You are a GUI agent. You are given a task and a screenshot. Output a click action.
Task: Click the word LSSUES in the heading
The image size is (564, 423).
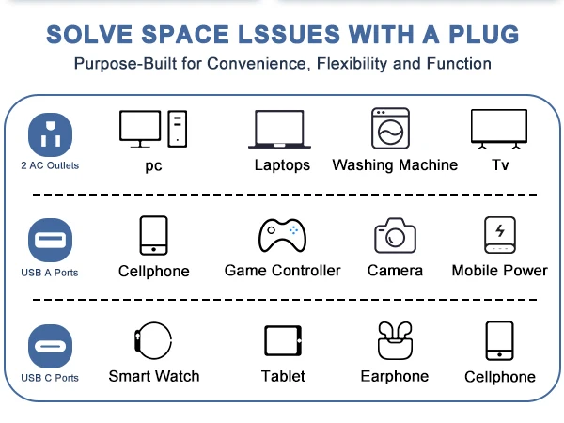(x=289, y=35)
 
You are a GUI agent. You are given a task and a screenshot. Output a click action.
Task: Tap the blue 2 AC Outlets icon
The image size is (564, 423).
(x=50, y=134)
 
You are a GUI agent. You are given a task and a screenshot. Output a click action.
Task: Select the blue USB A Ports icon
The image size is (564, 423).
(x=50, y=240)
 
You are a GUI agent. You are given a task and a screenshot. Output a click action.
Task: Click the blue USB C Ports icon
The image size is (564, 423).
(x=50, y=346)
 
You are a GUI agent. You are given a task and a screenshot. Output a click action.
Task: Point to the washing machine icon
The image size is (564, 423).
(x=391, y=129)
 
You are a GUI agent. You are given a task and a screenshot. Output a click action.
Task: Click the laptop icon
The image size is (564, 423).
(x=279, y=129)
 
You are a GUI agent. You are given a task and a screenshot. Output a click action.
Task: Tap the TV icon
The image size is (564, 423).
(x=499, y=129)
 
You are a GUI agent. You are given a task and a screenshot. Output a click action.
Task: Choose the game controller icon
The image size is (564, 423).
(x=282, y=235)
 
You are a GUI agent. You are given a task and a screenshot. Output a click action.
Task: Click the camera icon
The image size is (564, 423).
(x=396, y=236)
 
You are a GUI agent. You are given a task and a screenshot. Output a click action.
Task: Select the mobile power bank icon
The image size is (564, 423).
(x=500, y=235)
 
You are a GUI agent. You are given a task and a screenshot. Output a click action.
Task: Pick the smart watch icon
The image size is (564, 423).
(x=153, y=340)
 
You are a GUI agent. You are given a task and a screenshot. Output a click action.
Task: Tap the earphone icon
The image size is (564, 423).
(x=395, y=340)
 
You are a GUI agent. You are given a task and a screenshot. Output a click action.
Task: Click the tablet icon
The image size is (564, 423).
(x=283, y=340)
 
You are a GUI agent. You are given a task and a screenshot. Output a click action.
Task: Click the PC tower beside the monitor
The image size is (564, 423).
(x=178, y=129)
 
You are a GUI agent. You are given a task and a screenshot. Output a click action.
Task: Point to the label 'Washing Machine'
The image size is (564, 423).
(x=395, y=165)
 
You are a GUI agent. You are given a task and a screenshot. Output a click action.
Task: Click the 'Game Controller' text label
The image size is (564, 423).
(x=282, y=271)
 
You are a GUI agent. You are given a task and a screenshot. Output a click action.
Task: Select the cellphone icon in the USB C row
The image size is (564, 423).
(x=500, y=340)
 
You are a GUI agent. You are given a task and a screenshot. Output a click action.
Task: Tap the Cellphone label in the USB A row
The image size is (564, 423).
(x=154, y=272)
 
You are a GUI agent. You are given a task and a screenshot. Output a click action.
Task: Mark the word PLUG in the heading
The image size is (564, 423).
(x=484, y=35)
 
